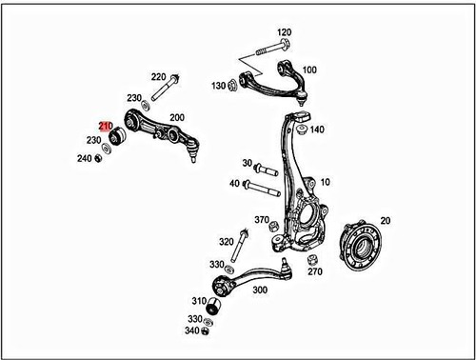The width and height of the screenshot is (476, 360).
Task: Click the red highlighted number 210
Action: [106, 125]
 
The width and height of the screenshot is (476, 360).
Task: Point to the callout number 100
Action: [310, 70]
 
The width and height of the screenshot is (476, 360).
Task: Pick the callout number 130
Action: [218, 87]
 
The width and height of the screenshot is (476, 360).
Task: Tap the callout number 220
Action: [158, 75]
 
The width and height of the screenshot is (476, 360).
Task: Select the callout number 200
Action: [176, 117]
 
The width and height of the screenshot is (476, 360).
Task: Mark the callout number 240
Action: [84, 158]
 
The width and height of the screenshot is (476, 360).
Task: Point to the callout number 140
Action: [316, 130]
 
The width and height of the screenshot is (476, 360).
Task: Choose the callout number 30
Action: [247, 164]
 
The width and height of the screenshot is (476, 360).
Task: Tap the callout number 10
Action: [326, 182]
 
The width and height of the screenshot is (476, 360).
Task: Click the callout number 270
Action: [315, 271]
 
